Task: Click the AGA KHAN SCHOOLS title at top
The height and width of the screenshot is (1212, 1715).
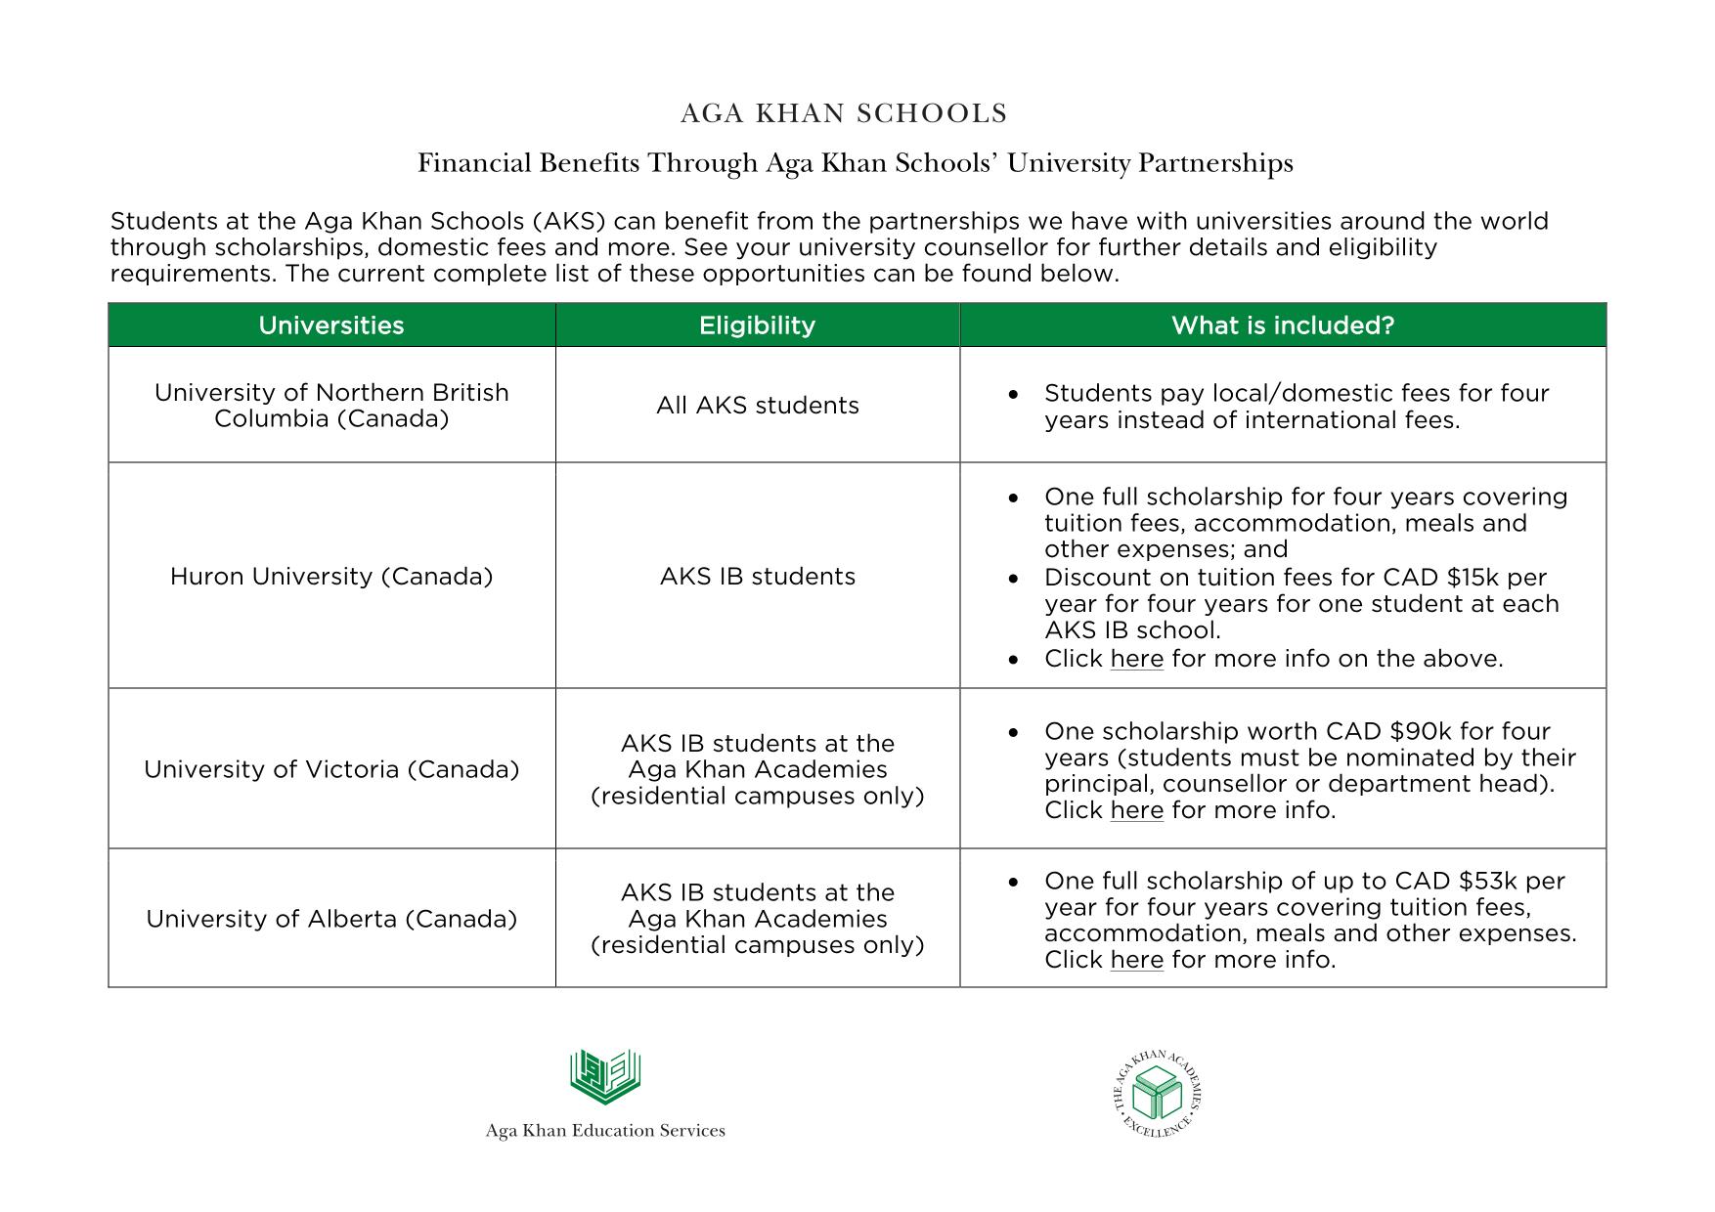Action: coord(843,114)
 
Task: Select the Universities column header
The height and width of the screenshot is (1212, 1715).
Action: coord(330,325)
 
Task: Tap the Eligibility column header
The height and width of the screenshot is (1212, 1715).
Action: coord(757,325)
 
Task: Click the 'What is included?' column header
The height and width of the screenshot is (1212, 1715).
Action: coord(1282,325)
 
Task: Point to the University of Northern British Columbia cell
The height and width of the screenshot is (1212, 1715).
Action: coord(331,406)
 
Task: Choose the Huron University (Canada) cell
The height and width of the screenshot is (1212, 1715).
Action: coord(331,577)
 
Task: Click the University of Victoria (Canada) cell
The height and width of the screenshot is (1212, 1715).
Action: coord(331,769)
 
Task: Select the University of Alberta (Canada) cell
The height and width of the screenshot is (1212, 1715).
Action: coord(331,919)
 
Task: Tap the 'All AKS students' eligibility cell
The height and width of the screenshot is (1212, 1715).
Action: coord(757,406)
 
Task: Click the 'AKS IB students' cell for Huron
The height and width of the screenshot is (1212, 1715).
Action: coord(757,577)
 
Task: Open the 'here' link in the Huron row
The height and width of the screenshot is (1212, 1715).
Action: coord(1136,660)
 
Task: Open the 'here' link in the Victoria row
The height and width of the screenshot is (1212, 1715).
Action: coord(1136,811)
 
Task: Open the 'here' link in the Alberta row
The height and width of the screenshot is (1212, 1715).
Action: coord(1136,961)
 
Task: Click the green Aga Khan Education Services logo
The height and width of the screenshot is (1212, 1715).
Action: coord(605,1077)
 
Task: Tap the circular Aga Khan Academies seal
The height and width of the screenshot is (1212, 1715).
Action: coord(1158,1095)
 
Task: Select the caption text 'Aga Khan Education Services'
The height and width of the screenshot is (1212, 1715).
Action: coord(605,1131)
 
